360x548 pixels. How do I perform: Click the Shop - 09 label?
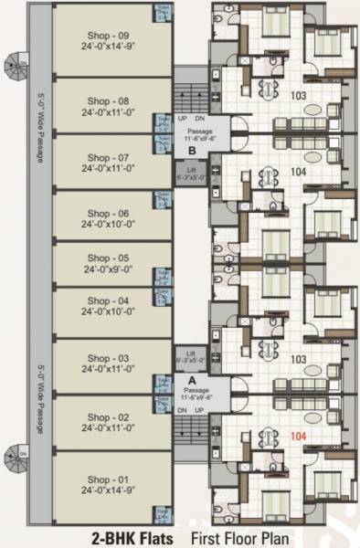[108, 36]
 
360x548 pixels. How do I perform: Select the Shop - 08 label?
[108, 100]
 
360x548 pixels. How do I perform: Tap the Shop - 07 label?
[108, 156]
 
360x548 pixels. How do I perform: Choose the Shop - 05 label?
[108, 258]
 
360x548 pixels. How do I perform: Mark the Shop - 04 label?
[108, 300]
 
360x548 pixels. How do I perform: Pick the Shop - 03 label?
[108, 358]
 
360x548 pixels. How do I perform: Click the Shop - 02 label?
[108, 416]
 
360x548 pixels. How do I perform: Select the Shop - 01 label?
[108, 480]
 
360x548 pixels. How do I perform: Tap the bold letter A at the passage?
[192, 379]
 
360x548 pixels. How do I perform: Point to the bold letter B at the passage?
[192, 151]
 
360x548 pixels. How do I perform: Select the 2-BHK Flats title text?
[132, 538]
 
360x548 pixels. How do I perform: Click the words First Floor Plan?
[239, 538]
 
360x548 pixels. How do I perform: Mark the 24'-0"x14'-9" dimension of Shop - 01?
[108, 491]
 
